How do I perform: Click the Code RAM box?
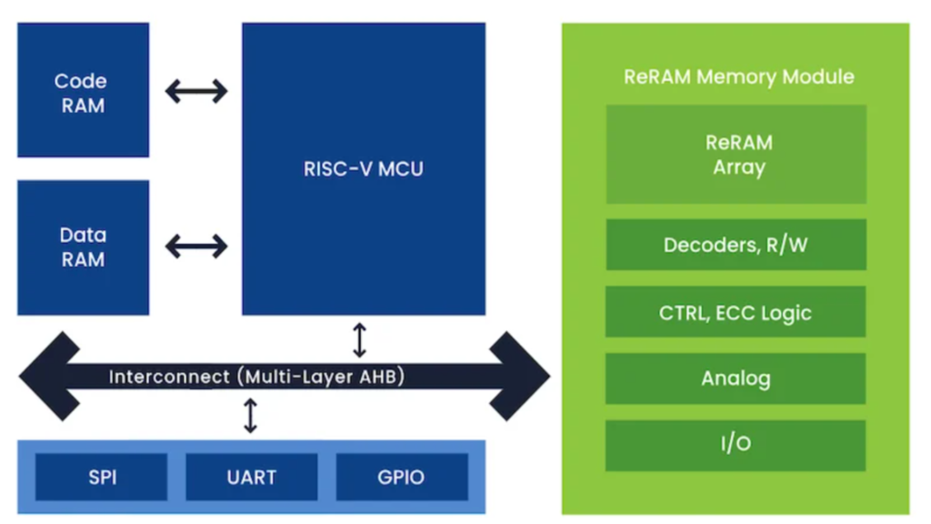tap(83, 91)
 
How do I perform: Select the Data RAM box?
tap(83, 247)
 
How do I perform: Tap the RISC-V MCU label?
tap(363, 168)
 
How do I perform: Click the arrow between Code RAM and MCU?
tap(195, 91)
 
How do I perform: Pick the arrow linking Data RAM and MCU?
tap(195, 246)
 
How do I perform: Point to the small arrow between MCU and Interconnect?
tap(359, 339)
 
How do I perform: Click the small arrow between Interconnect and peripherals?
tap(250, 415)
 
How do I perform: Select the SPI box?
tap(102, 477)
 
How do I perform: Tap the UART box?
tap(252, 477)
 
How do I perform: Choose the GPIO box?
tap(401, 477)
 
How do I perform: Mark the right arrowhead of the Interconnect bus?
tap(522, 376)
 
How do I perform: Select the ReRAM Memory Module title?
tap(738, 76)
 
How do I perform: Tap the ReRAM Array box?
tap(736, 155)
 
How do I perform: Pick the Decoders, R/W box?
tap(736, 245)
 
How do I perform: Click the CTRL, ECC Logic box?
tap(736, 313)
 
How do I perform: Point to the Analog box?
tap(736, 378)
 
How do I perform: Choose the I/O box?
tap(736, 444)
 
